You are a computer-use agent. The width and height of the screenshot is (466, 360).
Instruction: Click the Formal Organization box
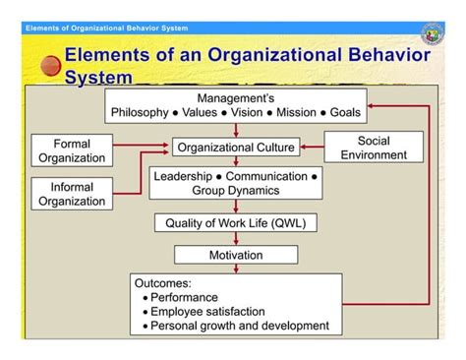point(72,150)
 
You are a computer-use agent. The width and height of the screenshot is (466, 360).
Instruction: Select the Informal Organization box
point(72,194)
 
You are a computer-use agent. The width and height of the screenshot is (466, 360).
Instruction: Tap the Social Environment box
point(374,149)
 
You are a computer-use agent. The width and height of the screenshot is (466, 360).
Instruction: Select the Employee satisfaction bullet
point(209,311)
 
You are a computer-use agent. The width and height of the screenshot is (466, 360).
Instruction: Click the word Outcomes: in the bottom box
point(159,282)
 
